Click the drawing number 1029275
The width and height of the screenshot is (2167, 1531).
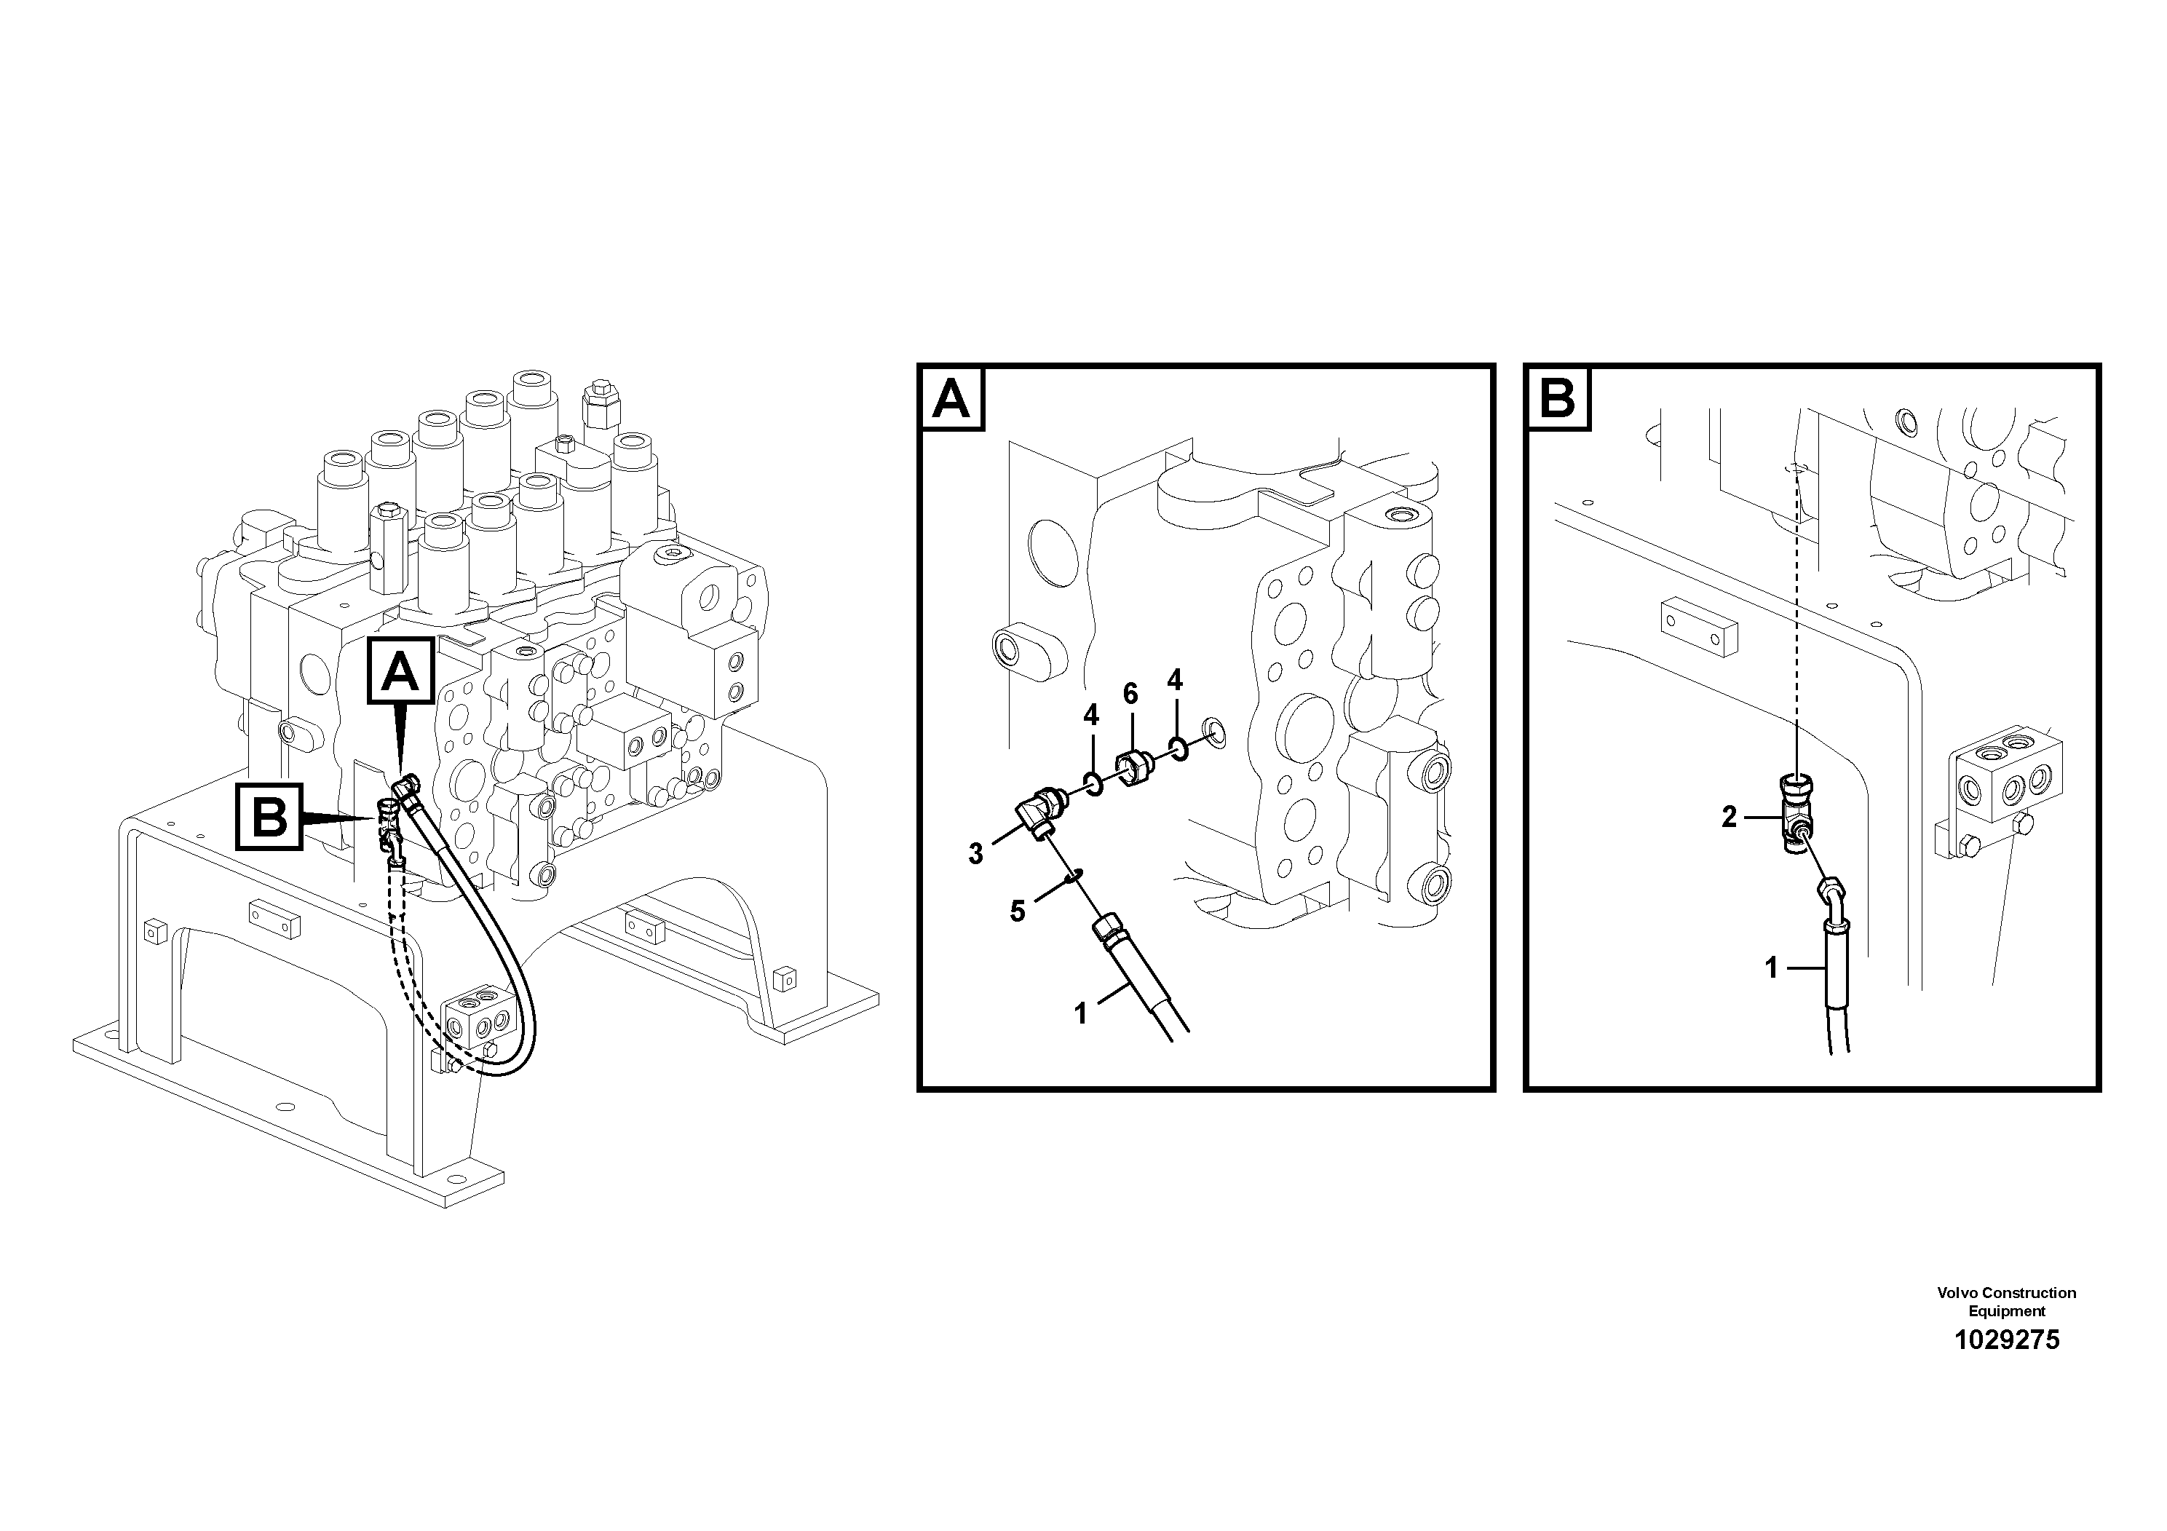tap(2007, 1340)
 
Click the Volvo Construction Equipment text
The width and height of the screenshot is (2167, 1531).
tap(2007, 1301)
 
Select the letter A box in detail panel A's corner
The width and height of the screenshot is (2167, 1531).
tap(951, 399)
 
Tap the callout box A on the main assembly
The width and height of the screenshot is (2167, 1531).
tap(401, 671)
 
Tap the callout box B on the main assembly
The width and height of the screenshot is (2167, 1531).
tap(270, 815)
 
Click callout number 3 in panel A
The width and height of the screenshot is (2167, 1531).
tap(975, 854)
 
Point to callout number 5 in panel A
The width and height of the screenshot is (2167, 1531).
tap(1016, 911)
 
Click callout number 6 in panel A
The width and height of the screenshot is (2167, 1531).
tap(1130, 694)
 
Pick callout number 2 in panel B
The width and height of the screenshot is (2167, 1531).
tap(1729, 817)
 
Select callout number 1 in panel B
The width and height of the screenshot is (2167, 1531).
tap(1772, 968)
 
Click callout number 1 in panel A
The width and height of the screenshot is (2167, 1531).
tap(1081, 1013)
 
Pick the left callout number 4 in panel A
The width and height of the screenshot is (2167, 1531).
tap(1091, 714)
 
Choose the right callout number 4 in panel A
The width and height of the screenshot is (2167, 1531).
tap(1174, 680)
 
